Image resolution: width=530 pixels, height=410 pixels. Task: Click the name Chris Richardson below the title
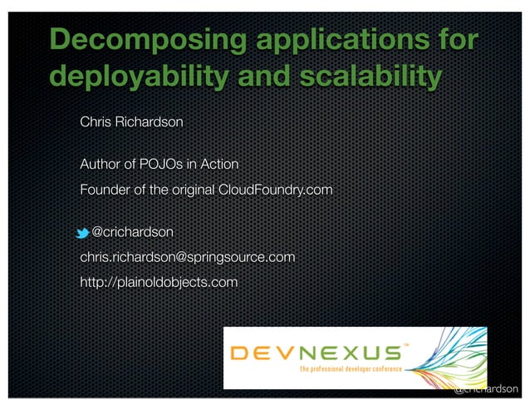point(131,122)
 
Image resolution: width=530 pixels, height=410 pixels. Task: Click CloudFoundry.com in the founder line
point(275,190)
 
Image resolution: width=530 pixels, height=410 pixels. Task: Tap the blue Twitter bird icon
point(82,231)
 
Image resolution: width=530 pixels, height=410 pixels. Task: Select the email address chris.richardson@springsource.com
point(187,258)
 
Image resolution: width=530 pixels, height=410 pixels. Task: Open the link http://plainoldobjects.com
point(158,284)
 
